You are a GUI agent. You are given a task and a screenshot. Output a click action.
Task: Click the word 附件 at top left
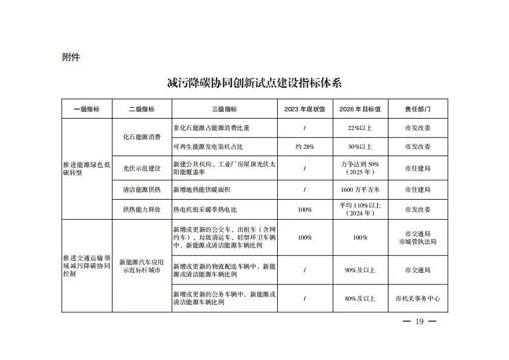(71, 57)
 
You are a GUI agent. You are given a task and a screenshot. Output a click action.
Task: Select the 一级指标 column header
(87, 110)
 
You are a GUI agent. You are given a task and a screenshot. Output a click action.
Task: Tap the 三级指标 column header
(225, 110)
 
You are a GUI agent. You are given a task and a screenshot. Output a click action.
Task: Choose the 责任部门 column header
(418, 110)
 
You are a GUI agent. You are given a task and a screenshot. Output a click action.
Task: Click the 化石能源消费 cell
(142, 137)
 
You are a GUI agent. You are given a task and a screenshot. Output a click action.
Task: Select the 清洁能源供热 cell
(142, 189)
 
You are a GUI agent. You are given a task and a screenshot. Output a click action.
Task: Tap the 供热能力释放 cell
(142, 209)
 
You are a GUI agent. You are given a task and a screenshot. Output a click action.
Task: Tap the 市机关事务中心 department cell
(418, 298)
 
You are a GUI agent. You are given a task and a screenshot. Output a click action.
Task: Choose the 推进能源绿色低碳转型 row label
(87, 168)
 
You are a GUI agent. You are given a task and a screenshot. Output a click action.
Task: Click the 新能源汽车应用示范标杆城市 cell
(142, 266)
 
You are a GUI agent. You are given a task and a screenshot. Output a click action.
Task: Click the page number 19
(419, 321)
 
